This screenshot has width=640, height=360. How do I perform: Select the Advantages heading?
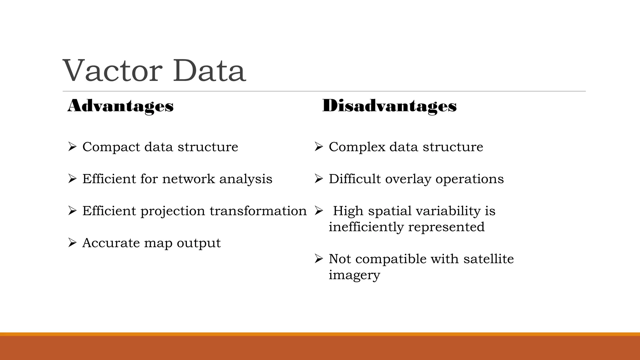pos(121,106)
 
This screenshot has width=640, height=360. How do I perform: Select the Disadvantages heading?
pos(389,106)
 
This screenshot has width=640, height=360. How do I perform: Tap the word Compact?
pos(111,147)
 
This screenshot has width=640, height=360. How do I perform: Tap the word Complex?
pos(357,147)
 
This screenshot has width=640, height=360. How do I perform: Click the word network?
pos(188,179)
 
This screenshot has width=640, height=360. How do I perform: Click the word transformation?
pos(258,211)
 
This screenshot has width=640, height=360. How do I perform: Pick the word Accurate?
pos(111,243)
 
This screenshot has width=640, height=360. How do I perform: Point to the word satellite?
pos(488,259)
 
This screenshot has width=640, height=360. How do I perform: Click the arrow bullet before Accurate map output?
pos(72,242)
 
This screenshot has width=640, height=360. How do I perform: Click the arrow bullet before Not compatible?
pos(318,259)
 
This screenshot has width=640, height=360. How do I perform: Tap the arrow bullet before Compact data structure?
pos(72,147)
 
